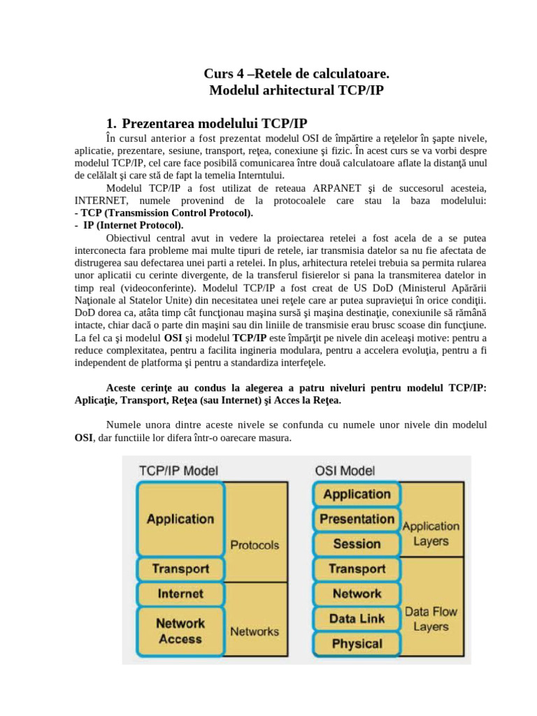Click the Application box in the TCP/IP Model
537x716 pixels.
(x=180, y=519)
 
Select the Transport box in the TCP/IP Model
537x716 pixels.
(x=180, y=568)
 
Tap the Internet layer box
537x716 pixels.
(x=180, y=594)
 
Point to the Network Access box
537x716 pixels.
(x=180, y=631)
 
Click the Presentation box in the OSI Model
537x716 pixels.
(x=357, y=519)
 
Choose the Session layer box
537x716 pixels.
(x=357, y=543)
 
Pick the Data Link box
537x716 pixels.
(x=357, y=619)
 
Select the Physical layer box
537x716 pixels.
(x=357, y=644)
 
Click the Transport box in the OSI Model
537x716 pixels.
(x=357, y=568)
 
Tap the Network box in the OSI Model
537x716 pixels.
(x=357, y=594)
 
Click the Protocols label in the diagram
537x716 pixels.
(x=254, y=545)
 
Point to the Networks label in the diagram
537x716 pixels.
(x=254, y=631)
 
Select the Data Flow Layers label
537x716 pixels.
(x=431, y=619)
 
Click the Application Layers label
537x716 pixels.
(x=431, y=534)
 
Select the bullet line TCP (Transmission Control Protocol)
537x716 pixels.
(x=164, y=213)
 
